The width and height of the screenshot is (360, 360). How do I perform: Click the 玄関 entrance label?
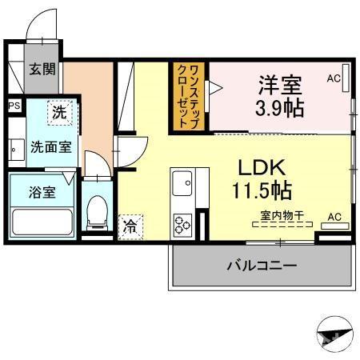[43, 69]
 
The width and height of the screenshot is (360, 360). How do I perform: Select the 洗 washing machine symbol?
[59, 114]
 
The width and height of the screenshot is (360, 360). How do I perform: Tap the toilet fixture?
[97, 210]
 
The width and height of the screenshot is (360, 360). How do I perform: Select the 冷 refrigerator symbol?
[128, 227]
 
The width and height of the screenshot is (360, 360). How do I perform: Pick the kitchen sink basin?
[181, 185]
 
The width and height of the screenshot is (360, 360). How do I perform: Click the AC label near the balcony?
[334, 218]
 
